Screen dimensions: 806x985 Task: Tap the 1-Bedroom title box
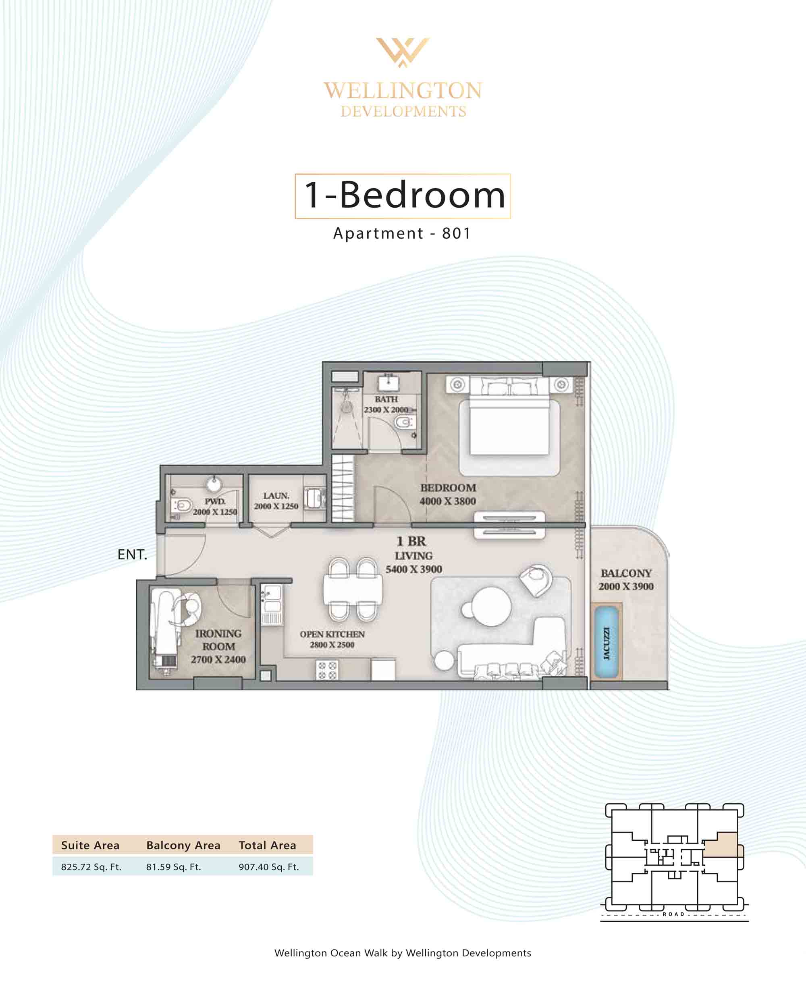pyautogui.click(x=403, y=196)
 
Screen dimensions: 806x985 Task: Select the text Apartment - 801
pyautogui.click(x=402, y=233)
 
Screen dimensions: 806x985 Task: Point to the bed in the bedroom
pyautogui.click(x=509, y=416)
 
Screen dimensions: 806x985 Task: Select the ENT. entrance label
pyautogui.click(x=132, y=554)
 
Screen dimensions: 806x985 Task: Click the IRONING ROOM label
pyautogui.click(x=218, y=640)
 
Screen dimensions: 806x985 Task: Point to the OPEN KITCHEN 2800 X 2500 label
pyautogui.click(x=332, y=639)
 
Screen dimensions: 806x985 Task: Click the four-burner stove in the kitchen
pyautogui.click(x=327, y=670)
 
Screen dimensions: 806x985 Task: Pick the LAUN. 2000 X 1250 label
pyautogui.click(x=276, y=501)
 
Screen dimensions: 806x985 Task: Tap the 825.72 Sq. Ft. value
pyautogui.click(x=91, y=867)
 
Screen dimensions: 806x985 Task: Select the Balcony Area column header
pyautogui.click(x=183, y=845)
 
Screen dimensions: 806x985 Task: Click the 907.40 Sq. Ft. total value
pyautogui.click(x=269, y=867)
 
